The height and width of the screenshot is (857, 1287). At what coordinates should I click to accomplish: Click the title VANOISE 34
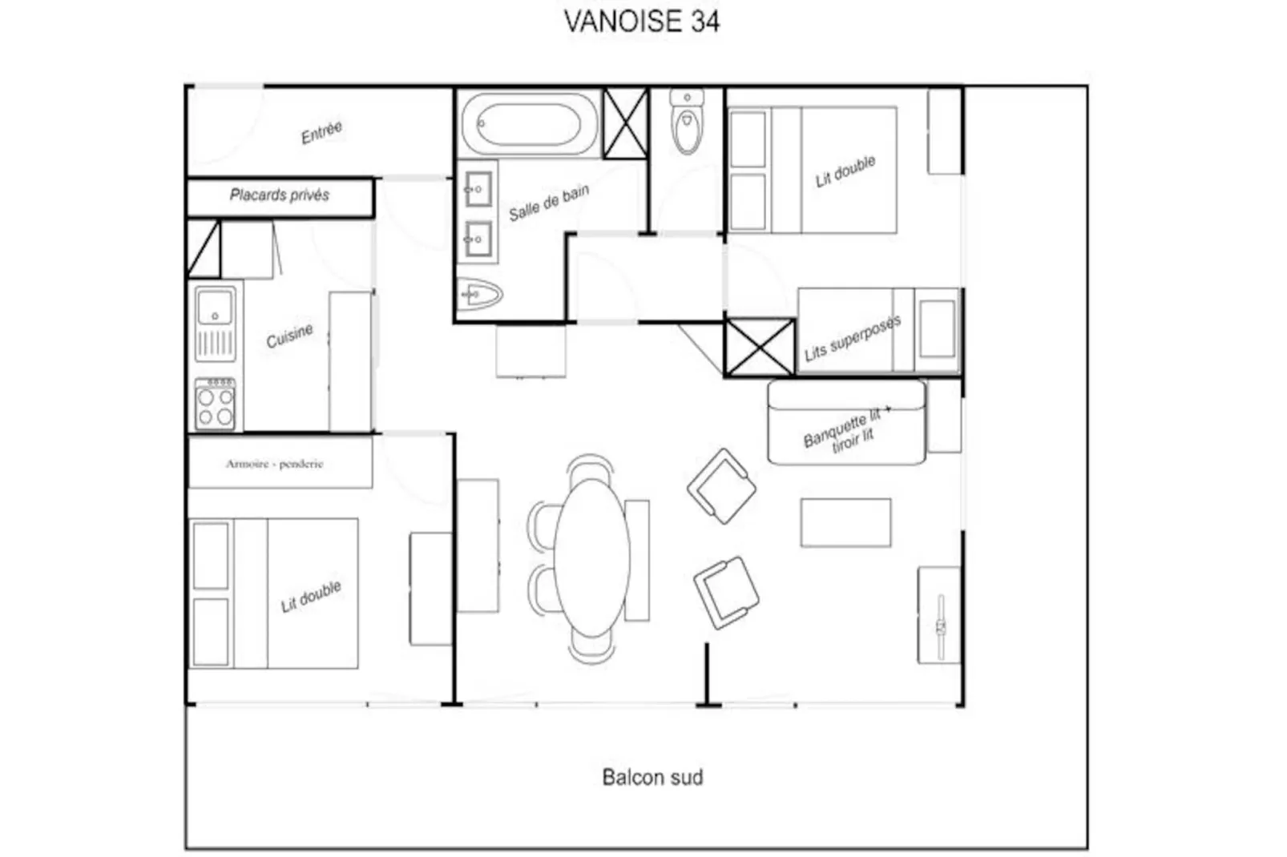(x=641, y=22)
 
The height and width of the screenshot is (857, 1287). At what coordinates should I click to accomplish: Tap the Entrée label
(x=322, y=132)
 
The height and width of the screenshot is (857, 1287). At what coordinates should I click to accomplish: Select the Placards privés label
(x=279, y=195)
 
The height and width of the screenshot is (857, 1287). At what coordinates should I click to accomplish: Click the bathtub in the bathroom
(x=529, y=124)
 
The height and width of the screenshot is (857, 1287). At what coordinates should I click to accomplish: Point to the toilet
(x=687, y=121)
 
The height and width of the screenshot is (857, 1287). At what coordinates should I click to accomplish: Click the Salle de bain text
(x=549, y=203)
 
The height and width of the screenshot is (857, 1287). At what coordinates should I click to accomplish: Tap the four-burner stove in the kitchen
(x=215, y=404)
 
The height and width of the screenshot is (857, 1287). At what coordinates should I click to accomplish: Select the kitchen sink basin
(x=215, y=308)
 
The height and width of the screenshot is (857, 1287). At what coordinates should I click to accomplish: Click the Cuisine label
(x=289, y=336)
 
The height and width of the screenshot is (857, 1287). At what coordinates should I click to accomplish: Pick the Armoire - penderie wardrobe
(x=280, y=462)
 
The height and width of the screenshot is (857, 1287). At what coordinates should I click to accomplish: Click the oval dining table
(x=591, y=557)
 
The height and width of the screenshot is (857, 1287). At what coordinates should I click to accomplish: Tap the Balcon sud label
(x=652, y=778)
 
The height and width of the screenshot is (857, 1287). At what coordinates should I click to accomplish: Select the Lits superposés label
(x=852, y=338)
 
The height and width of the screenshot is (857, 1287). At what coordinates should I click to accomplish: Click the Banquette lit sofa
(x=846, y=422)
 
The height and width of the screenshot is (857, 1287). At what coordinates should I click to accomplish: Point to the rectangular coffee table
(x=845, y=523)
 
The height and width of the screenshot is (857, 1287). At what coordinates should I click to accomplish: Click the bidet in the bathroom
(x=479, y=294)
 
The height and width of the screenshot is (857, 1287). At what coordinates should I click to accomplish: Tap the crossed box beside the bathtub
(x=626, y=123)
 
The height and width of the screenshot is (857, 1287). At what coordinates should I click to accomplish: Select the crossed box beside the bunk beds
(x=760, y=348)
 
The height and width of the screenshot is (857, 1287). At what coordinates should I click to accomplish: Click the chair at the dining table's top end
(x=590, y=467)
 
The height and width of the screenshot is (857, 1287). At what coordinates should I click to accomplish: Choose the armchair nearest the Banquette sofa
(x=722, y=486)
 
